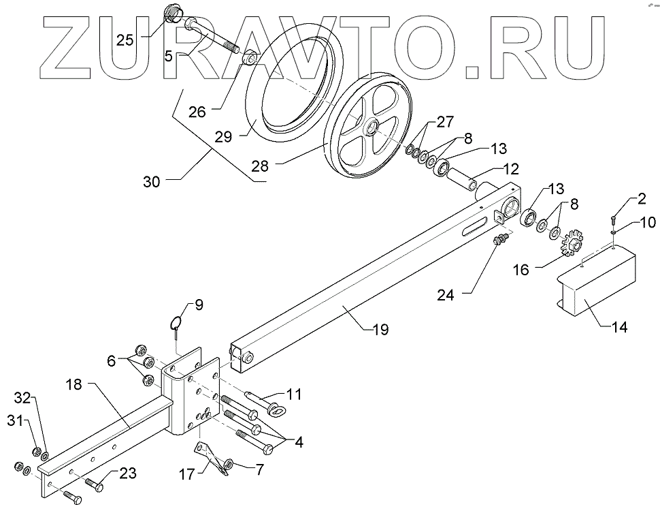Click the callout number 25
coord(125,40)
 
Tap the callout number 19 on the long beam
coord(380,329)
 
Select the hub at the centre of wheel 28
coord(372,127)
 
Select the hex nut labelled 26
coord(249,59)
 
